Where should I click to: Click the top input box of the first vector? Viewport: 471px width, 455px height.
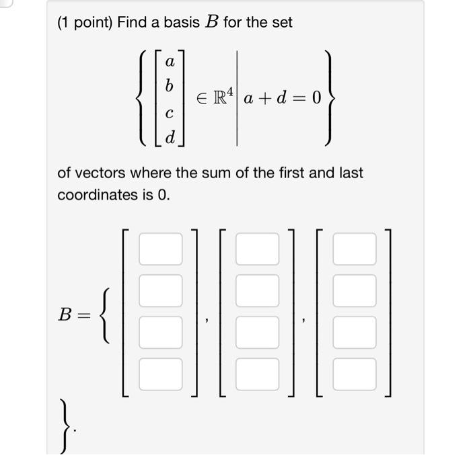160,249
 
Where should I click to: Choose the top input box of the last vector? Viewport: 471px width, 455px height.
354,249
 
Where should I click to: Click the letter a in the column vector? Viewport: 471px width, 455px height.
170,62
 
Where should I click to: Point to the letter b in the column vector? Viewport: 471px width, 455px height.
170,87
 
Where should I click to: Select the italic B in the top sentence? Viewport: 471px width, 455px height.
210,22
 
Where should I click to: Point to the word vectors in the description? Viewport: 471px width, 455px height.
100,173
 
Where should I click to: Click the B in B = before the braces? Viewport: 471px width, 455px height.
67,314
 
